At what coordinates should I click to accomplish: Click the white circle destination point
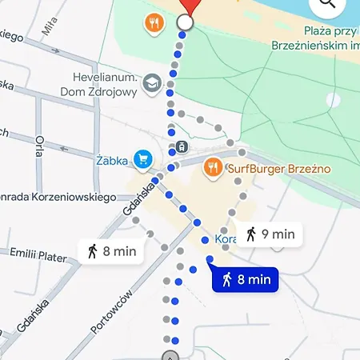(185, 22)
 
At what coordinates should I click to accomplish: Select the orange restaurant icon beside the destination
(153, 22)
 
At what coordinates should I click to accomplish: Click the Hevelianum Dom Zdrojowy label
(99, 84)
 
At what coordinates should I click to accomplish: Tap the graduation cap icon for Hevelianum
(152, 82)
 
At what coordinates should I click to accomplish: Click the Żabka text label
(112, 161)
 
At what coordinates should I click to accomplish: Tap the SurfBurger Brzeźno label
(278, 169)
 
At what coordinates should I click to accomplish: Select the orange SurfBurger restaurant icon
(212, 167)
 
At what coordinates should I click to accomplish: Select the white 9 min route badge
(269, 234)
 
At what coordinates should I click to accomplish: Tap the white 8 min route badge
(111, 250)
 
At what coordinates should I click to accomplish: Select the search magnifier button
(328, 6)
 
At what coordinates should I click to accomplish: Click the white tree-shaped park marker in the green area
(334, 100)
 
